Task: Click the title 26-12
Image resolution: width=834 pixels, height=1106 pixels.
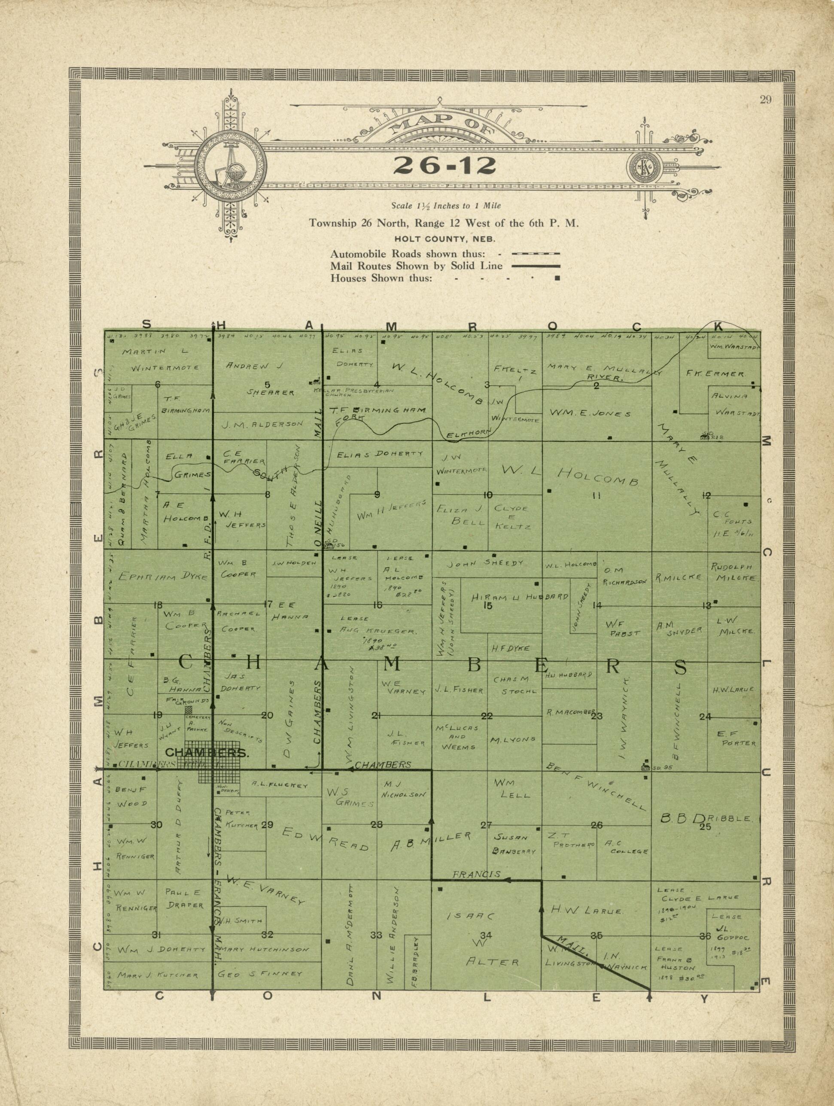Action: click(444, 166)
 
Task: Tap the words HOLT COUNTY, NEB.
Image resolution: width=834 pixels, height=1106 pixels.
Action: click(444, 239)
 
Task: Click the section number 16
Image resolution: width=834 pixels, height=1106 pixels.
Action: click(377, 605)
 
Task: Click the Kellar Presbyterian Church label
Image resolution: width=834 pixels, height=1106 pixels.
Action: click(353, 392)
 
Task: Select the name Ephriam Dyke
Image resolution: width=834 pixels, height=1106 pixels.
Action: click(162, 577)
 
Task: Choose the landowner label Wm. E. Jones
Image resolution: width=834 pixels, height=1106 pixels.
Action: click(590, 413)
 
